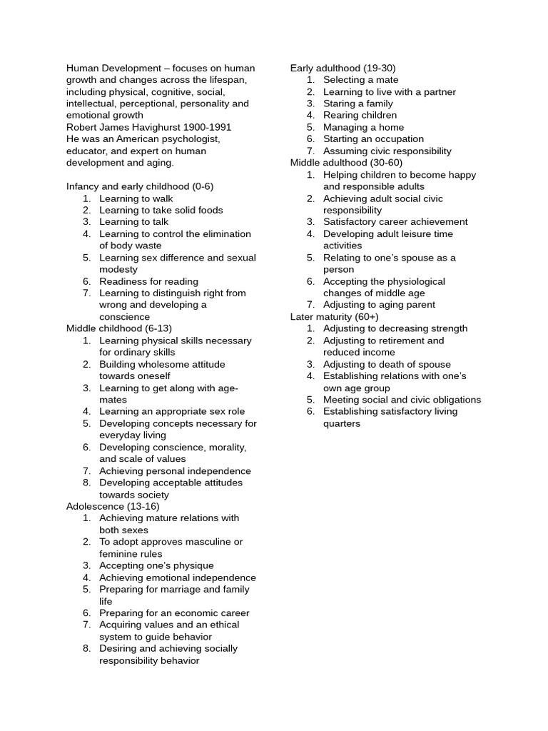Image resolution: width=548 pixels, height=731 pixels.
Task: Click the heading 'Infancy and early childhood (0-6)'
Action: [140, 186]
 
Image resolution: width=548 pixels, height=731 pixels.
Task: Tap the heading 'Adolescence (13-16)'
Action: [113, 506]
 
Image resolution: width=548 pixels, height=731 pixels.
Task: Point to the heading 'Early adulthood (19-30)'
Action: [343, 68]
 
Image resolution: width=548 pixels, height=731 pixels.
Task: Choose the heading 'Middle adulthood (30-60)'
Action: [346, 163]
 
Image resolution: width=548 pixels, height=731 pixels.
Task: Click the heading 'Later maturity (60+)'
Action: [335, 316]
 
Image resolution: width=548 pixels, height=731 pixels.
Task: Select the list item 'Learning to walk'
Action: [136, 198]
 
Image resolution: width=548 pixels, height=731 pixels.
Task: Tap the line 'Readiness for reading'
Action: [149, 281]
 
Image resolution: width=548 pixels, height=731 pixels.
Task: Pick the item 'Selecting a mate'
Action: [361, 80]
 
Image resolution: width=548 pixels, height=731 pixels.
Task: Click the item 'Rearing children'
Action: [360, 115]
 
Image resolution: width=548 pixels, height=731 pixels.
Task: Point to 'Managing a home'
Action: [364, 127]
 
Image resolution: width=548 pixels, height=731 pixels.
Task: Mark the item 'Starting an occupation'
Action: [374, 139]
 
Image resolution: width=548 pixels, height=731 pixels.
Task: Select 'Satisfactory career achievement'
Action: [396, 222]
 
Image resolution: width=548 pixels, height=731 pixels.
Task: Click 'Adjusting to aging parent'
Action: [380, 305]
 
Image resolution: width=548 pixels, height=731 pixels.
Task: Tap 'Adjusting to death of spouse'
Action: [387, 364]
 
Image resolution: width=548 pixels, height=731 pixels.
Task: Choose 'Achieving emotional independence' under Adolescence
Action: [178, 578]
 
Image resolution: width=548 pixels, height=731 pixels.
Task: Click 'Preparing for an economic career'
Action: [175, 612]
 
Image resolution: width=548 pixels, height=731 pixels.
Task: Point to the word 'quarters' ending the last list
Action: [342, 423]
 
